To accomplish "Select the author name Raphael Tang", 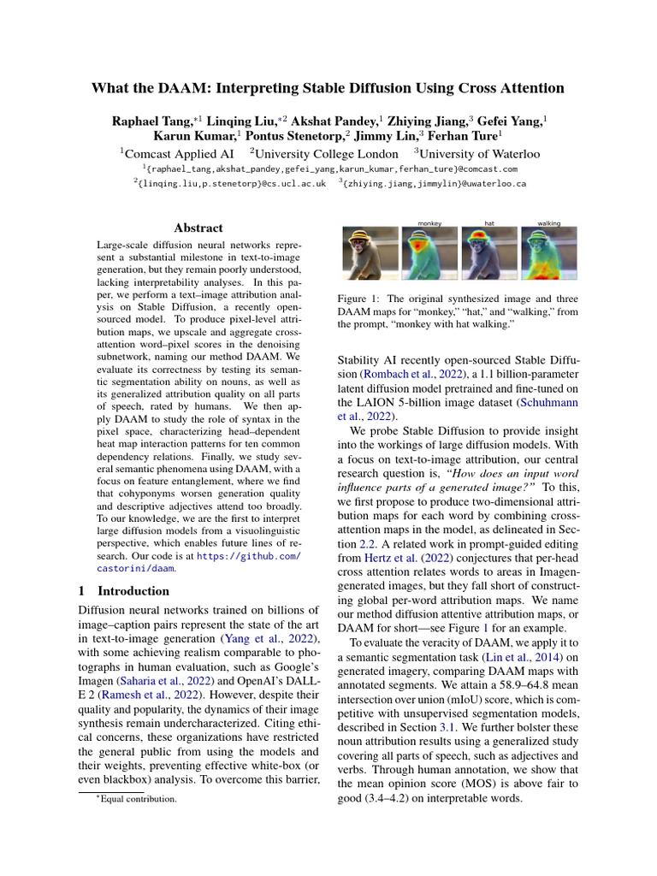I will [150, 121].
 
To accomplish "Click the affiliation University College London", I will [323, 154].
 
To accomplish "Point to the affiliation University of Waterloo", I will [477, 154].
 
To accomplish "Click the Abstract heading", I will [198, 228].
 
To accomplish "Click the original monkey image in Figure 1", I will [370, 255].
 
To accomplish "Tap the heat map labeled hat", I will [489, 255].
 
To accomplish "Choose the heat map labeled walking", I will [548, 255].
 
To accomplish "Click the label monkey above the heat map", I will [429, 223].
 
